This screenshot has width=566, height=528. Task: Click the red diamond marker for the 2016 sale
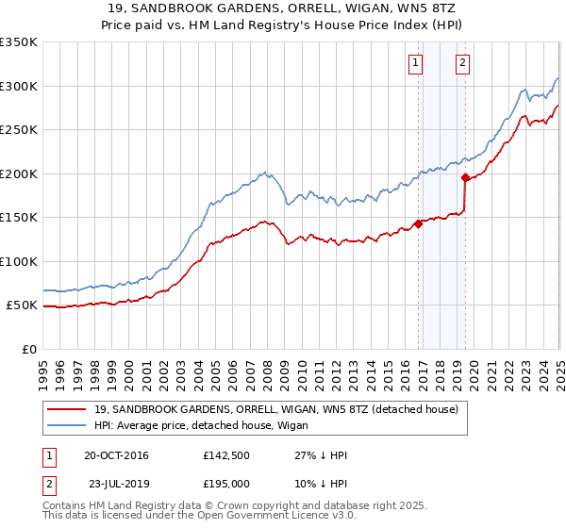pyautogui.click(x=418, y=224)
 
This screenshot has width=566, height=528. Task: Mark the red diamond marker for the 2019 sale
pyautogui.click(x=466, y=177)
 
